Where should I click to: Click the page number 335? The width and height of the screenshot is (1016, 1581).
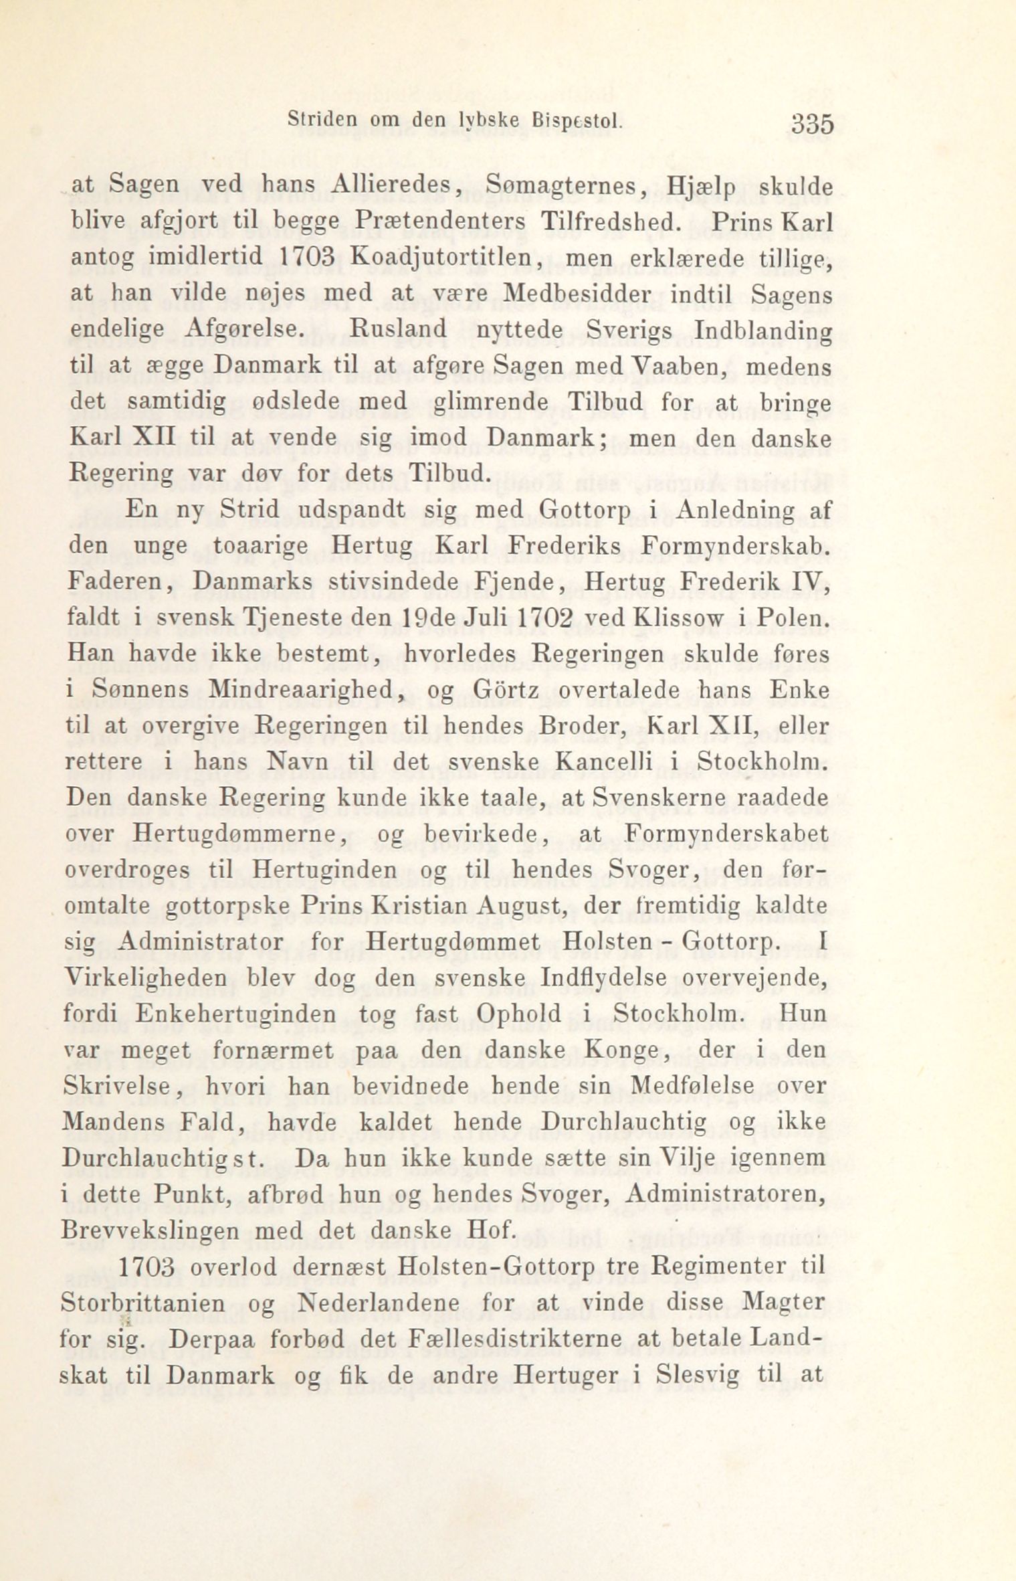click(811, 124)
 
